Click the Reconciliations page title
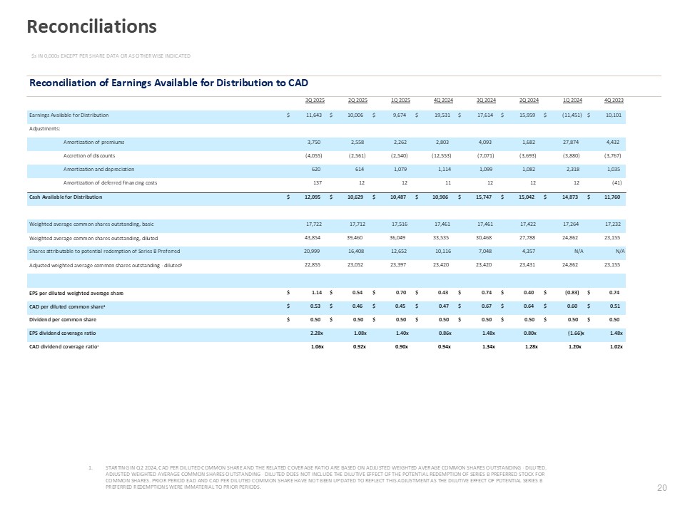(x=91, y=27)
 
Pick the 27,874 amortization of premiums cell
(x=572, y=142)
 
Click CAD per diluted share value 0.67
(x=489, y=306)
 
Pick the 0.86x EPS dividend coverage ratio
(x=445, y=333)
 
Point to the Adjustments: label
(x=45, y=128)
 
